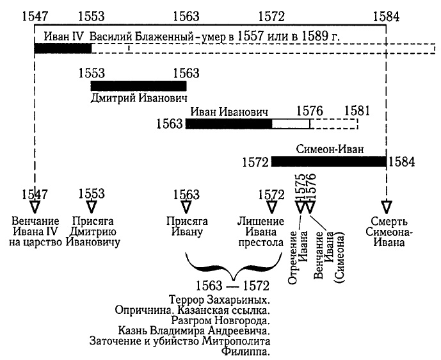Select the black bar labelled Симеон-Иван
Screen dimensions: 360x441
click(x=328, y=161)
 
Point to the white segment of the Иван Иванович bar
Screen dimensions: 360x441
click(x=291, y=123)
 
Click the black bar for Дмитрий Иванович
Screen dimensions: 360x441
click(x=138, y=86)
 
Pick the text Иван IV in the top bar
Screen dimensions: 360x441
click(x=60, y=37)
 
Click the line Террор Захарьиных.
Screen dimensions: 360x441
click(x=220, y=299)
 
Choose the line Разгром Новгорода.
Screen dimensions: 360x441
click(x=220, y=320)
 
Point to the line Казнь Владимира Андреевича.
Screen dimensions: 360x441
click(x=194, y=330)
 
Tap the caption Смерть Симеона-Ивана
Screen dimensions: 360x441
click(x=386, y=232)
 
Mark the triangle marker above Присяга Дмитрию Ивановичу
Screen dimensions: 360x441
click(x=92, y=206)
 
